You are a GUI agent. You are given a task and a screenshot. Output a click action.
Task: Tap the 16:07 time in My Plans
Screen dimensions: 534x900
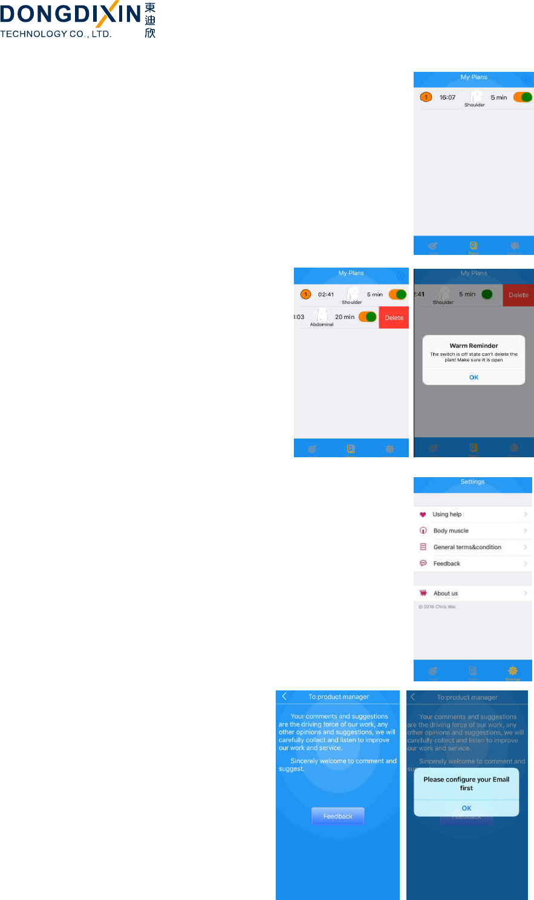(448, 97)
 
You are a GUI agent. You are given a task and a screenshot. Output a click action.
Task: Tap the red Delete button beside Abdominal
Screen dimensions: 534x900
(394, 318)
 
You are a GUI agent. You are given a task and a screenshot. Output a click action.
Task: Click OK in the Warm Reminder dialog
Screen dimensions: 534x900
(474, 378)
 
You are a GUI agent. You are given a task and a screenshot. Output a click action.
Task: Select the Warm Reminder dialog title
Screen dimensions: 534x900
(474, 346)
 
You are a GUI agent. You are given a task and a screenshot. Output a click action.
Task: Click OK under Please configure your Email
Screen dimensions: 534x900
(466, 808)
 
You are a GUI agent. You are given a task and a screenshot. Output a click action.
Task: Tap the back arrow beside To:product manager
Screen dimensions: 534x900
(285, 696)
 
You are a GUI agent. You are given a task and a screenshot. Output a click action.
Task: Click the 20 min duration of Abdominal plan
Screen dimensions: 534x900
(345, 317)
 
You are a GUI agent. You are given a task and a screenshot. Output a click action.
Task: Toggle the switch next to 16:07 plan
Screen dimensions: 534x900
(523, 97)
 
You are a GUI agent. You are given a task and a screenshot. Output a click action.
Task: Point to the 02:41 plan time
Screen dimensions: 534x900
(326, 295)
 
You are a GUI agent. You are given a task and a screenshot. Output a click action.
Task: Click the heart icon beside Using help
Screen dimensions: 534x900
(423, 515)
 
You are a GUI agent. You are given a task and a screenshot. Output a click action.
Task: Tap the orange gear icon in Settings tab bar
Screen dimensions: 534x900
(513, 670)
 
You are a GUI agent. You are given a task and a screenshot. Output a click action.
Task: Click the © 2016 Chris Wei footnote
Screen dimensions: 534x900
(437, 607)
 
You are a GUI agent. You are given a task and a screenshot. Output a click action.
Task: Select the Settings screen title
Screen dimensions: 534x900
(472, 482)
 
